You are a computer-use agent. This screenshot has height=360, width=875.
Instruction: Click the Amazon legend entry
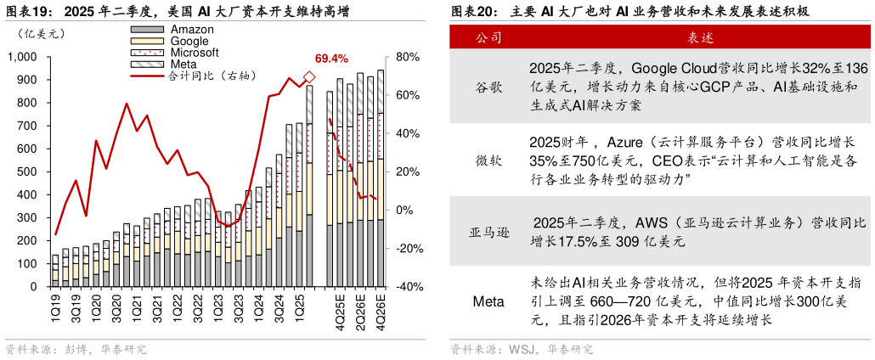pyautogui.click(x=192, y=29)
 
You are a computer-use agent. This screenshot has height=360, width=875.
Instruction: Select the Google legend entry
pyautogui.click(x=189, y=41)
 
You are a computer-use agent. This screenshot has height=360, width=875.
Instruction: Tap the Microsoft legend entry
pyautogui.click(x=195, y=53)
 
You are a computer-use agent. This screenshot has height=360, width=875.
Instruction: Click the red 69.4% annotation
pyautogui.click(x=330, y=59)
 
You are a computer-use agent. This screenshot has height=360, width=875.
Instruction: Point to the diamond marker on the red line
pyautogui.click(x=309, y=78)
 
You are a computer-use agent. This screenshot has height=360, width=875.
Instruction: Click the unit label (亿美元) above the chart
pyautogui.click(x=35, y=34)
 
